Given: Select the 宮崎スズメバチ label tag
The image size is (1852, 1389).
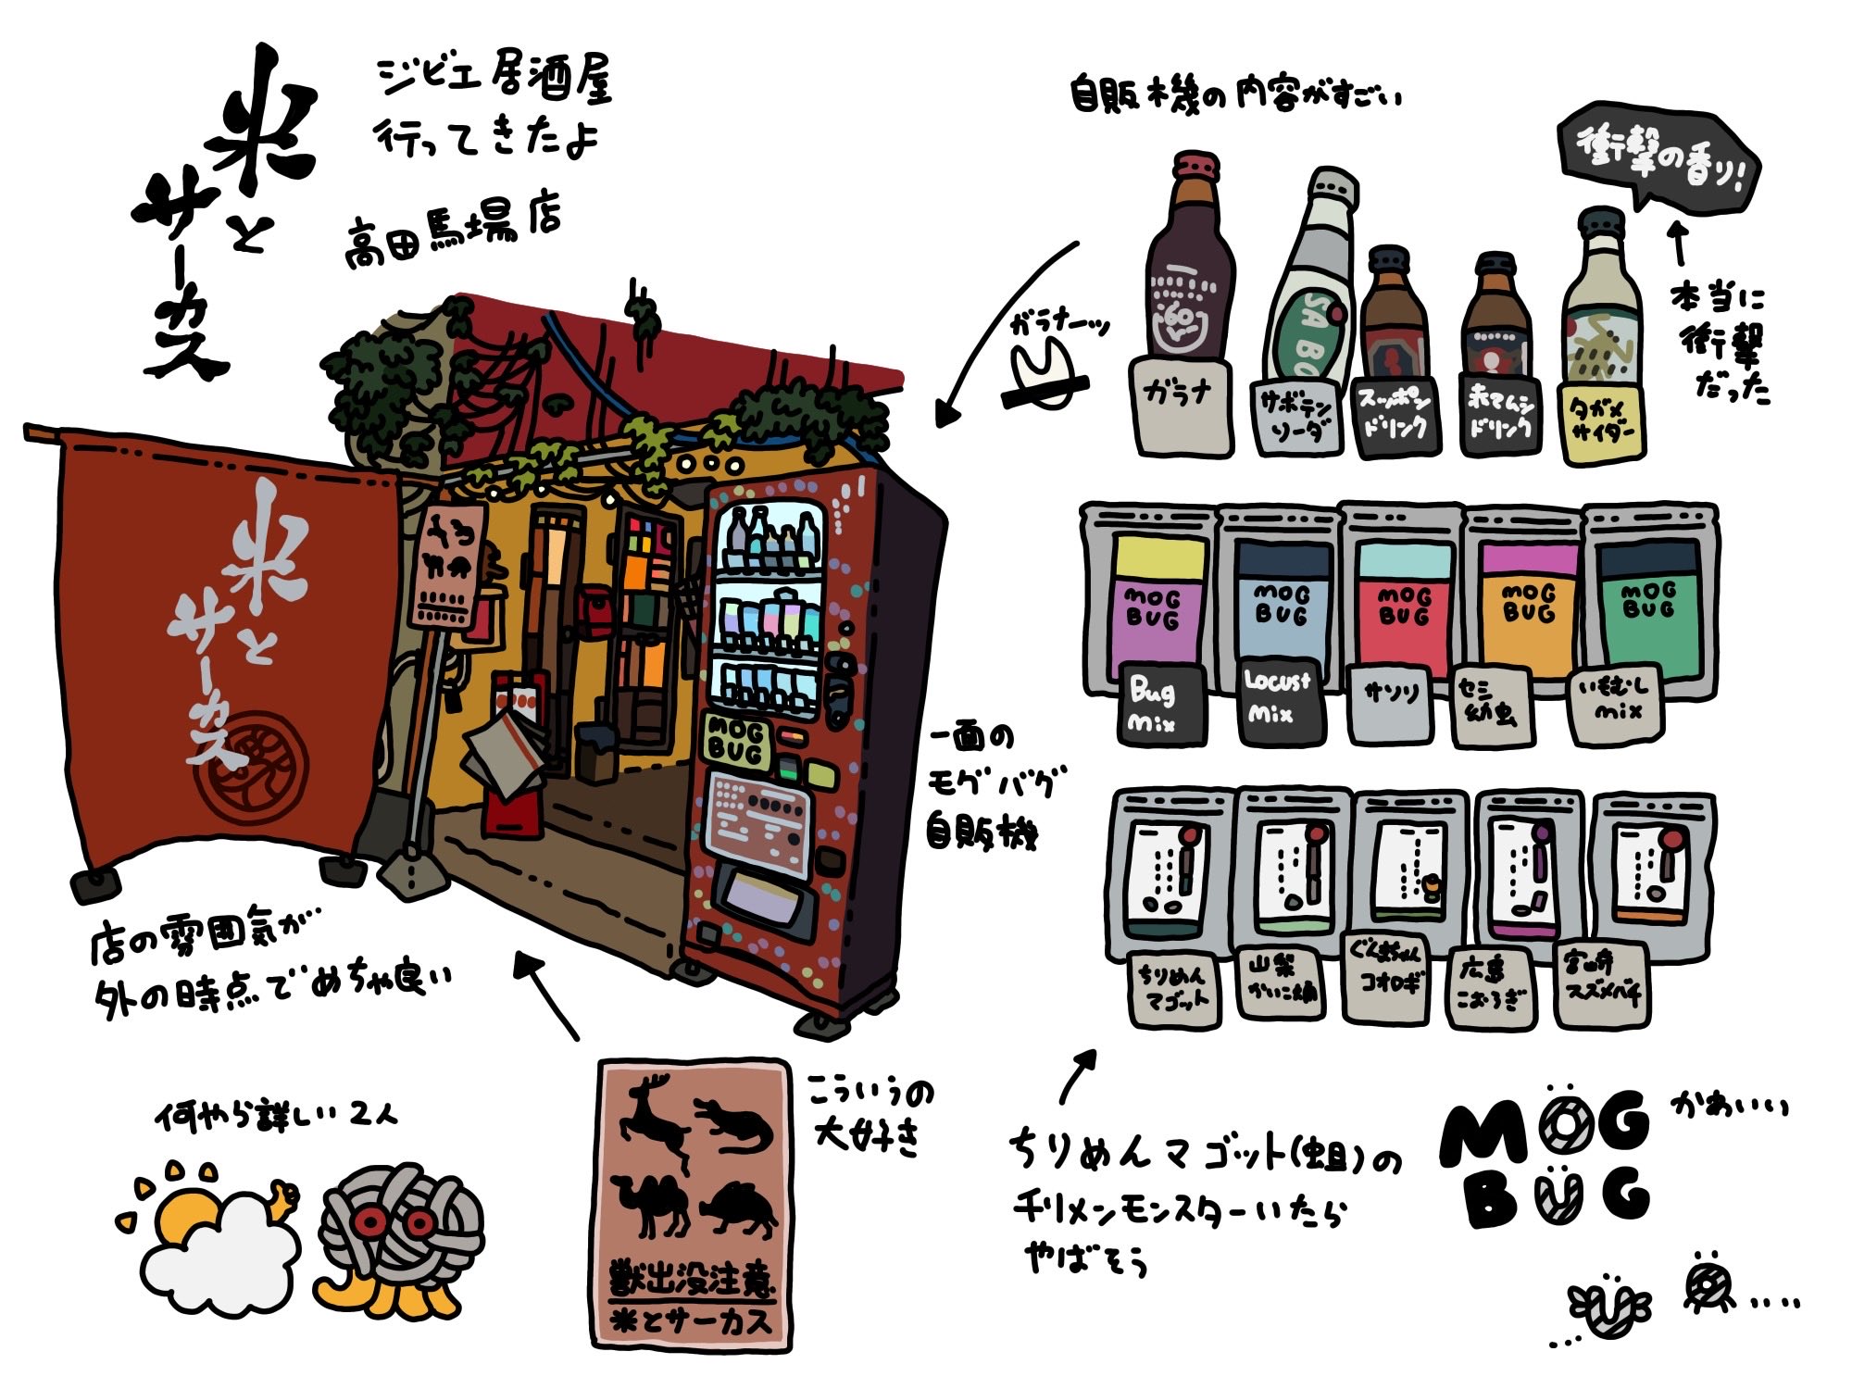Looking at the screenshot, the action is coord(1602,983).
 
